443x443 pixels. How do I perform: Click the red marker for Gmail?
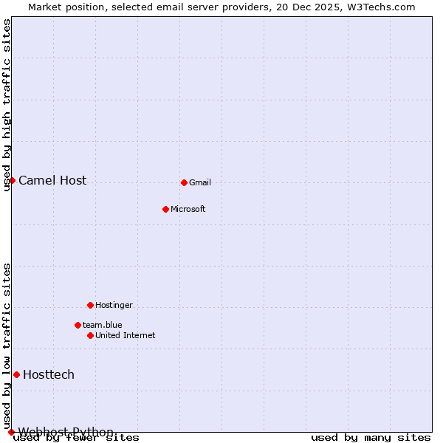click(x=184, y=182)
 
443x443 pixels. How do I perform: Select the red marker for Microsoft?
click(x=165, y=209)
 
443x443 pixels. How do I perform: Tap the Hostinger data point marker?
click(x=90, y=305)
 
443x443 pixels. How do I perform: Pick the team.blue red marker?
click(x=78, y=325)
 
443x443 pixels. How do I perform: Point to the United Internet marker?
click(x=90, y=335)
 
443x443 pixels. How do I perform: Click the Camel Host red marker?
click(x=12, y=180)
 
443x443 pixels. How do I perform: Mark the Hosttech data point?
click(x=16, y=374)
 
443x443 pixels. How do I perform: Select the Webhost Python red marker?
click(x=11, y=432)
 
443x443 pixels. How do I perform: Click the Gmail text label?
click(x=200, y=183)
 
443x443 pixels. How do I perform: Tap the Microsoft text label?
click(x=188, y=210)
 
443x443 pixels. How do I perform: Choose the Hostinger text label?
click(x=114, y=306)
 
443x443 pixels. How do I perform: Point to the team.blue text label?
click(x=103, y=326)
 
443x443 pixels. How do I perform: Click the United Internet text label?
click(x=126, y=336)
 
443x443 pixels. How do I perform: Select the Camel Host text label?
click(x=52, y=181)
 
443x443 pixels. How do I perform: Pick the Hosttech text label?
click(x=49, y=375)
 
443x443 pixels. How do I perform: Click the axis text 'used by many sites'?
click(x=371, y=438)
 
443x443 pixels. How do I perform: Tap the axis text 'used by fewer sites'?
click(x=77, y=438)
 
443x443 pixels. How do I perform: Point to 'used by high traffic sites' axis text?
click(x=7, y=105)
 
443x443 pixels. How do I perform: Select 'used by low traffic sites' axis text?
click(x=7, y=346)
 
